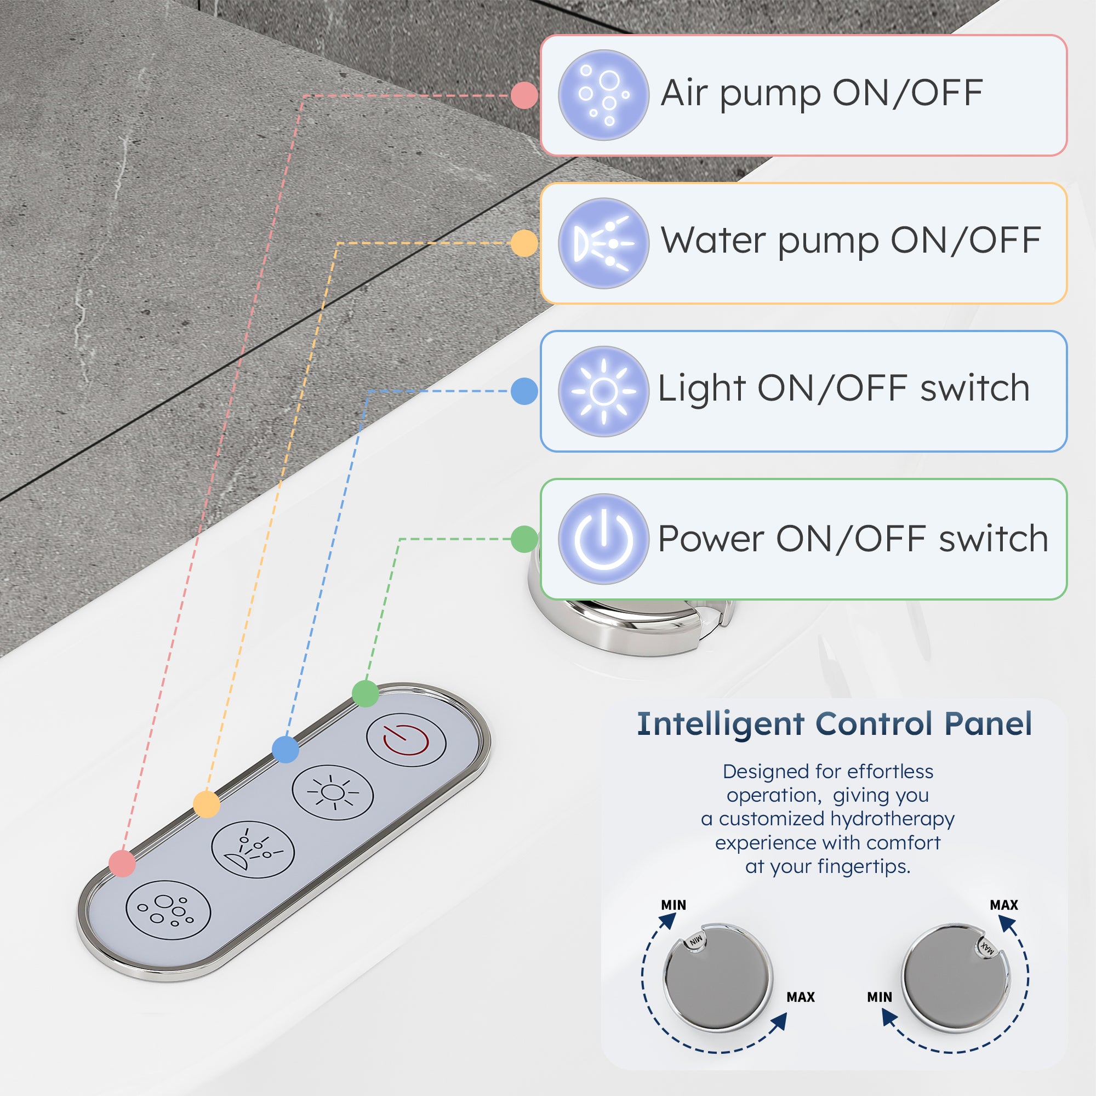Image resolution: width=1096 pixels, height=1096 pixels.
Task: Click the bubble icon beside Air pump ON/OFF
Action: [603, 95]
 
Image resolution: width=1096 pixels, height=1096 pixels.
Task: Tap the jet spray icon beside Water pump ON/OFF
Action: [603, 243]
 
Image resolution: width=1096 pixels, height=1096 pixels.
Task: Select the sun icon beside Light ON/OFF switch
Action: [603, 391]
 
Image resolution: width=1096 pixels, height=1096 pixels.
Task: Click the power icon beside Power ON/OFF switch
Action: [603, 539]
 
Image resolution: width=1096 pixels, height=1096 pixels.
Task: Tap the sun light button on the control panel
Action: [333, 792]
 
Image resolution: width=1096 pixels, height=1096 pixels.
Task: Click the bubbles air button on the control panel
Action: [168, 910]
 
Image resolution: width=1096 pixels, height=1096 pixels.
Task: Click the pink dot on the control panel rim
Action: [122, 864]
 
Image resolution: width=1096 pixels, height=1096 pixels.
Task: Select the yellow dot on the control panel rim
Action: [207, 804]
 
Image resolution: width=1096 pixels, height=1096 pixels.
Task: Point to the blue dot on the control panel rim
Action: [286, 749]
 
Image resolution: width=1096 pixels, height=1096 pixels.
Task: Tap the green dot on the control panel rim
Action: [366, 693]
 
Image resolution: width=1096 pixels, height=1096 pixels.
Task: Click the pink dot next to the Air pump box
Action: [524, 95]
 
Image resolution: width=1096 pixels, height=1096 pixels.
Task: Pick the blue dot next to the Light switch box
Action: [524, 391]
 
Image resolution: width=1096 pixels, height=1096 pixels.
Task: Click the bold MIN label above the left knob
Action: [673, 905]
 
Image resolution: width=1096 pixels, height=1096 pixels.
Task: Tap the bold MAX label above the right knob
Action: [1004, 905]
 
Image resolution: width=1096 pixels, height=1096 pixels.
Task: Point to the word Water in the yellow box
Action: [713, 241]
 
